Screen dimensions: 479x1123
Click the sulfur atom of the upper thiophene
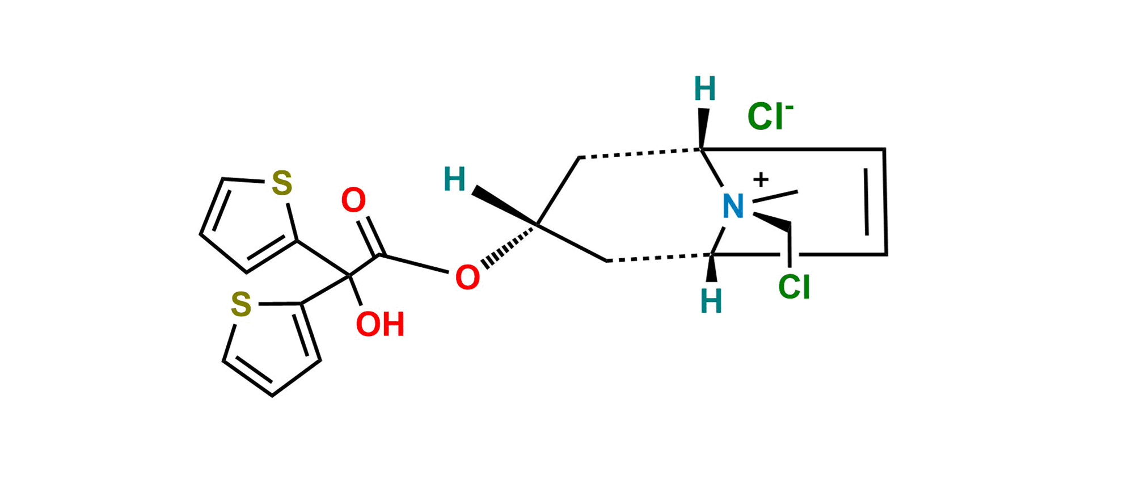pyautogui.click(x=282, y=183)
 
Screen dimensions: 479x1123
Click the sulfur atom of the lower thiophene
pyautogui.click(x=241, y=304)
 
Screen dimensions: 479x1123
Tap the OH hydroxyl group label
pyautogui.click(x=380, y=324)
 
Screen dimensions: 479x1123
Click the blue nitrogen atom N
pyautogui.click(x=732, y=206)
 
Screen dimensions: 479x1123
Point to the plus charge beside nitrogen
pyautogui.click(x=762, y=180)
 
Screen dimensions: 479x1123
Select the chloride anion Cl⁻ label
pyautogui.click(x=769, y=116)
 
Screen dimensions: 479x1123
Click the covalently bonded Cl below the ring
pyautogui.click(x=794, y=287)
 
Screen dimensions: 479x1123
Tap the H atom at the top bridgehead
pyautogui.click(x=705, y=89)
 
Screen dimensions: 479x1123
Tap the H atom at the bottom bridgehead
pyautogui.click(x=712, y=301)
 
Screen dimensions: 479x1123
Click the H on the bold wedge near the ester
pyautogui.click(x=455, y=179)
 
